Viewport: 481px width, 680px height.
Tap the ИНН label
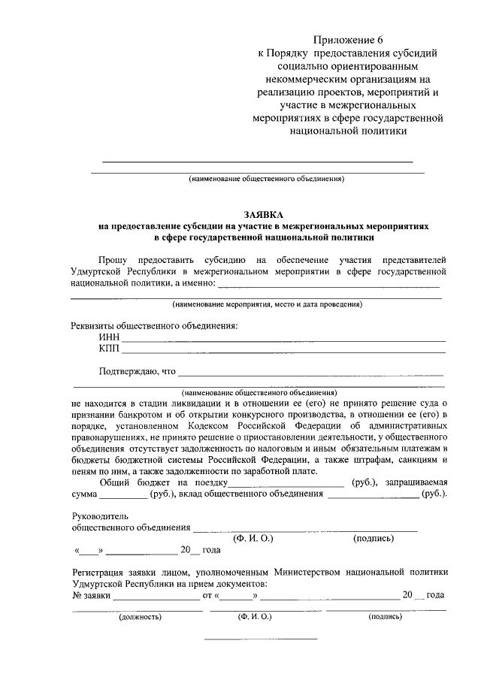[109, 339]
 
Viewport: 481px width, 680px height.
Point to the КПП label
[109, 349]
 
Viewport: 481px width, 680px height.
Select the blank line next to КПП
[284, 352]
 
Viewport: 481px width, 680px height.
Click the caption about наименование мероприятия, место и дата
[265, 305]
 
